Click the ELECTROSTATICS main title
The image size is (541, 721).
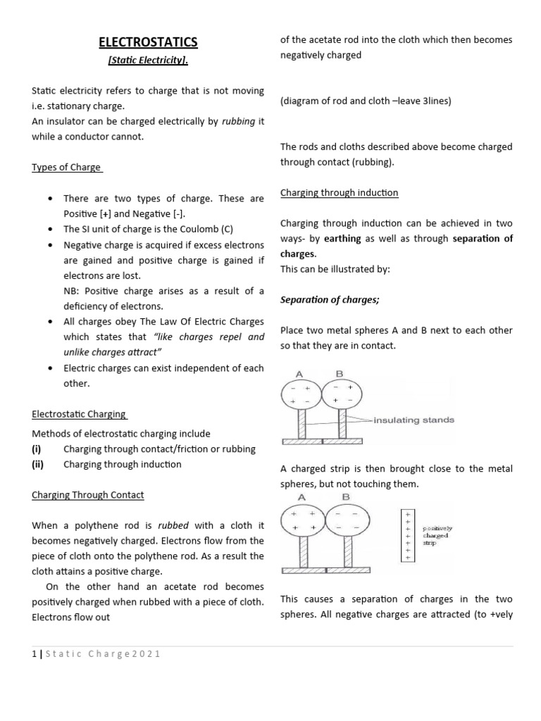[x=148, y=43]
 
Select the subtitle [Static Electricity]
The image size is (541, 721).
[x=148, y=62]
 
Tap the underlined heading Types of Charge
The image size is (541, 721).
[x=67, y=168]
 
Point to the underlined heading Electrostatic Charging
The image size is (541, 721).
[x=80, y=415]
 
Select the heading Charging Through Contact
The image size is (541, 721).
[x=87, y=495]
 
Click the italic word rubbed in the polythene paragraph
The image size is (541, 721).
[x=173, y=525]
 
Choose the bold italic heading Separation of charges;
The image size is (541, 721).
[x=330, y=300]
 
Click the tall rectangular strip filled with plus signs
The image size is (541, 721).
[x=408, y=536]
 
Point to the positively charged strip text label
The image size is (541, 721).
[x=437, y=535]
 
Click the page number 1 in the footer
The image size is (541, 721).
[x=34, y=653]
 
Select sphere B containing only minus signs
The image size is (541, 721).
[x=345, y=520]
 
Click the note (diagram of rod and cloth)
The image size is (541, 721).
[x=365, y=101]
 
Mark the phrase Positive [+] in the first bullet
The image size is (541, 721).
[x=84, y=213]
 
